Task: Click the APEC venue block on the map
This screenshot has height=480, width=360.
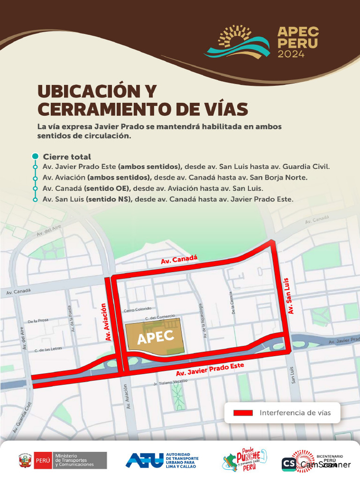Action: (x=155, y=336)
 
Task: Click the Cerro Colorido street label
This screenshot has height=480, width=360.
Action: (x=138, y=309)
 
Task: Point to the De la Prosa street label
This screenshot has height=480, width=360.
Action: (x=38, y=321)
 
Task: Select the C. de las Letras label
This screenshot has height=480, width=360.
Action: (x=48, y=349)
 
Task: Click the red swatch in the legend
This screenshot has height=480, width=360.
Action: (x=243, y=413)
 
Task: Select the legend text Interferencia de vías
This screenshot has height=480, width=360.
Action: (x=295, y=413)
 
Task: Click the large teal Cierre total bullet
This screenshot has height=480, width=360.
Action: (x=35, y=156)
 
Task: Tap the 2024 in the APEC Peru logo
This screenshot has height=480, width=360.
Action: (x=291, y=54)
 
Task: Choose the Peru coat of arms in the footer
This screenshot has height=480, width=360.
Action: (x=25, y=460)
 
